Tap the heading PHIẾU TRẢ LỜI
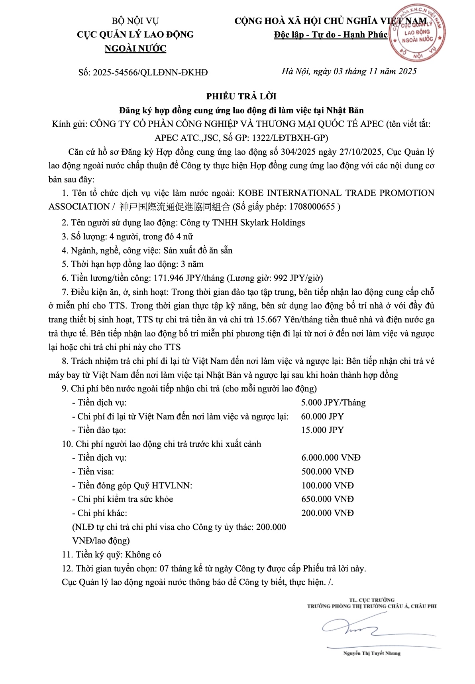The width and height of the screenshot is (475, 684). tap(241, 96)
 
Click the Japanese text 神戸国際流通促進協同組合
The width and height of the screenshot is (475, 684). tap(175, 207)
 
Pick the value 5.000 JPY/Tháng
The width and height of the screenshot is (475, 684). tap(333, 403)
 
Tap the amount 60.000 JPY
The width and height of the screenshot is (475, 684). tap(322, 417)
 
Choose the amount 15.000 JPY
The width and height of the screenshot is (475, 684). tap(322, 430)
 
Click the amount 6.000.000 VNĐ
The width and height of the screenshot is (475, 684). tap(331, 458)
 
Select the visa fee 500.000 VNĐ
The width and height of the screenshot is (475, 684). tap(328, 472)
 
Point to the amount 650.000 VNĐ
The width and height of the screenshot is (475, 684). tap(328, 499)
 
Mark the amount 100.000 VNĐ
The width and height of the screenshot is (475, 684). tap(328, 486)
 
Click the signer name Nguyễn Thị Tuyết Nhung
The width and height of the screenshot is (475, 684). tap(372, 653)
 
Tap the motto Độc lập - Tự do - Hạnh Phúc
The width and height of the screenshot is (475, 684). tap(330, 35)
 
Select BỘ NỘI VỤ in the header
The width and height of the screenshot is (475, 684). tap(135, 21)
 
